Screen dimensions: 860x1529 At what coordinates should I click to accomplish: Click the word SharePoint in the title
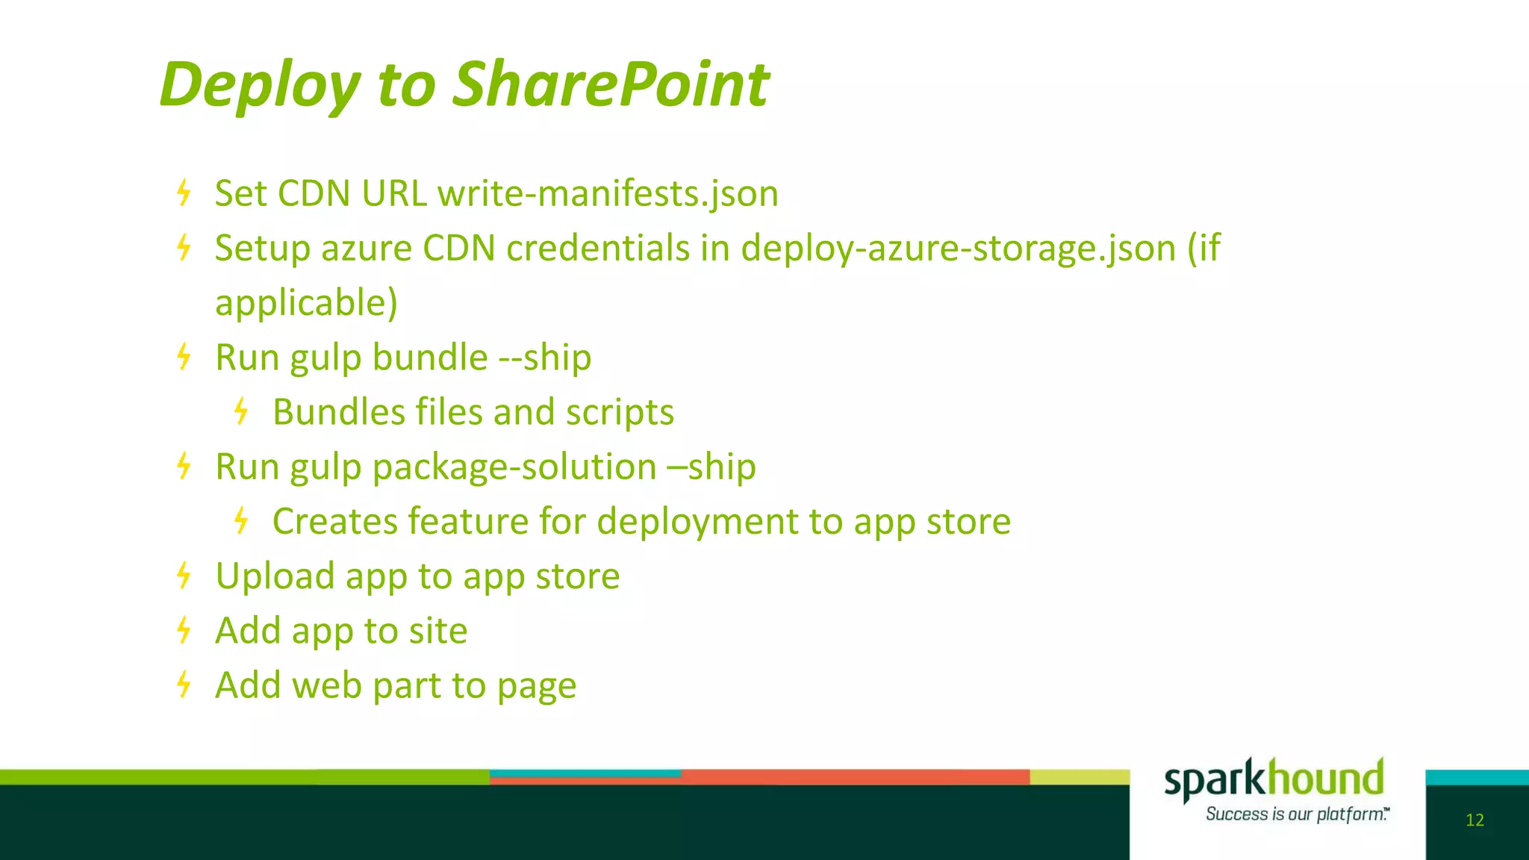(x=611, y=84)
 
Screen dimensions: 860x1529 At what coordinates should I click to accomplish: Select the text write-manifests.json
(x=608, y=193)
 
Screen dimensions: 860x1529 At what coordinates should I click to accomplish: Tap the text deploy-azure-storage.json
(x=958, y=249)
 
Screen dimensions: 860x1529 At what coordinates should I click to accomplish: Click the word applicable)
(x=306, y=303)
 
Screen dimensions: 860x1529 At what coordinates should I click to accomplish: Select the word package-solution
(x=514, y=467)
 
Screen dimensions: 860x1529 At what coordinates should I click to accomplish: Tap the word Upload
(x=274, y=576)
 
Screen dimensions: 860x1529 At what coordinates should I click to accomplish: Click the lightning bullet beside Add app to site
(x=184, y=630)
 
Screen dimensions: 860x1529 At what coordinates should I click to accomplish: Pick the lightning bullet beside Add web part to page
(x=184, y=685)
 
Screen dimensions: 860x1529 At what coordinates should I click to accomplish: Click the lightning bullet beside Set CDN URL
(x=184, y=193)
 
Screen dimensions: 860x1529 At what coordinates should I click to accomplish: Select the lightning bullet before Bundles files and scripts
(x=241, y=411)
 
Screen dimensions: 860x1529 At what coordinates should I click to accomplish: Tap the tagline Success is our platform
(x=1296, y=814)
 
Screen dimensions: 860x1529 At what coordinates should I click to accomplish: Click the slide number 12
(x=1474, y=820)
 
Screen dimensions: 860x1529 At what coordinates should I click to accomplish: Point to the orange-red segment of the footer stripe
(x=855, y=777)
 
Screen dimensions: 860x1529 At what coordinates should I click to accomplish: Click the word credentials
(x=597, y=249)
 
